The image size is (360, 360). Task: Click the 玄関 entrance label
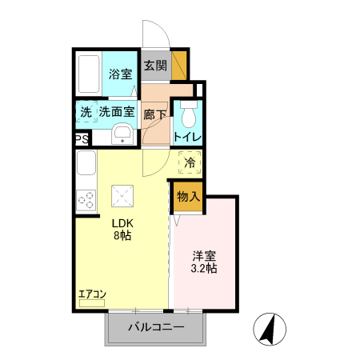point(155,66)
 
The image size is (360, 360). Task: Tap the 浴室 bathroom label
point(122,74)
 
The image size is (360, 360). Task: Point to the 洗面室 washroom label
point(117,112)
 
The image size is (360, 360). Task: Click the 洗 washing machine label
point(85,112)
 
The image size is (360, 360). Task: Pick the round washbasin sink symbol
point(122,133)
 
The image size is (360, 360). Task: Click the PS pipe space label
point(81,138)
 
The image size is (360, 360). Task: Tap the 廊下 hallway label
point(155,114)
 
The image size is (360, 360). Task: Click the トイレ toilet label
point(187,137)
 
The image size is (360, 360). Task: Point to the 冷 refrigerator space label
point(190,162)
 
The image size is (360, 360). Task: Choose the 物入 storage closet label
point(188,196)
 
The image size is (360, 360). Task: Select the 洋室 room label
point(205,256)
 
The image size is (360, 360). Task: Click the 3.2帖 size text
point(205,270)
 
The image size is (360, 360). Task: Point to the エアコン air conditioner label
point(92,294)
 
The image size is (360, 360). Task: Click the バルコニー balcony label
point(156,328)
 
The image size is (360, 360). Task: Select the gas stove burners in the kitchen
point(85,200)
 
